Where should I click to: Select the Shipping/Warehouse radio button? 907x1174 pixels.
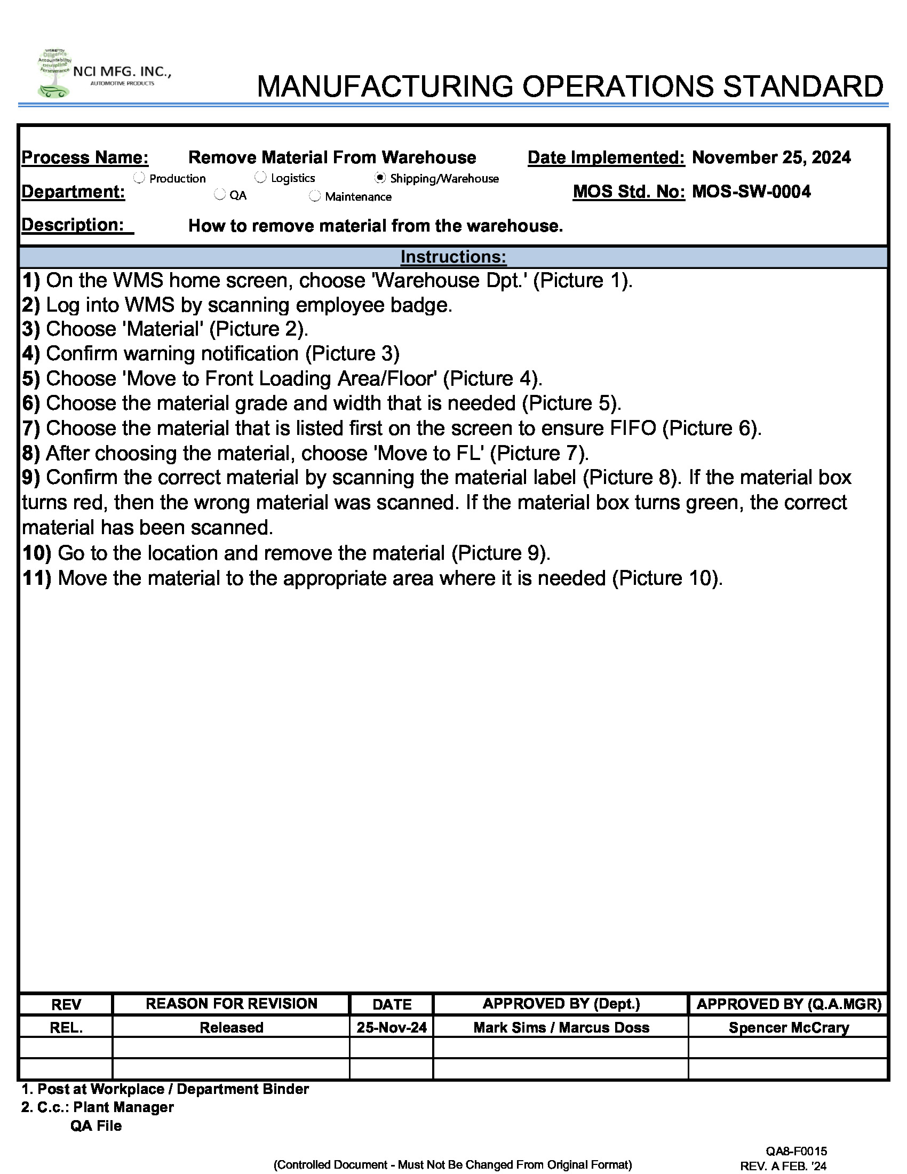380,177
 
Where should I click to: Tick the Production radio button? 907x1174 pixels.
139,177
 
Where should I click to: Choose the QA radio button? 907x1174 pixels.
219,195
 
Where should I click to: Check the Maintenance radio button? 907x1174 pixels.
315,196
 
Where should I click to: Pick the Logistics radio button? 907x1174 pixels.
260,177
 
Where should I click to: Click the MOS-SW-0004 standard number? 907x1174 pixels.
751,192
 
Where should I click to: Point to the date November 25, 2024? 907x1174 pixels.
771,157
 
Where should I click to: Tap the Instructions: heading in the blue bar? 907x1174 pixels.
453,257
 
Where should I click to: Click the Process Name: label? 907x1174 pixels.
85,157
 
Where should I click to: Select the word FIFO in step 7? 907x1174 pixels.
633,428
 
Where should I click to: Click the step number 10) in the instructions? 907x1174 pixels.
36,553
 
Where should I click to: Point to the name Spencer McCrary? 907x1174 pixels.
788,1027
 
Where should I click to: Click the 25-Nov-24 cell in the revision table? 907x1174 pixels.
391,1027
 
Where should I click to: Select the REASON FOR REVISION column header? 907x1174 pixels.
231,1004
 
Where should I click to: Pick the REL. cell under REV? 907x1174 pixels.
66,1028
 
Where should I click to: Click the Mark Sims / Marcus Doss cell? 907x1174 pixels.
561,1027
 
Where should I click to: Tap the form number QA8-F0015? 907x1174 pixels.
797,1151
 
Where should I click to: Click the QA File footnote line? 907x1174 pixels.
96,1125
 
